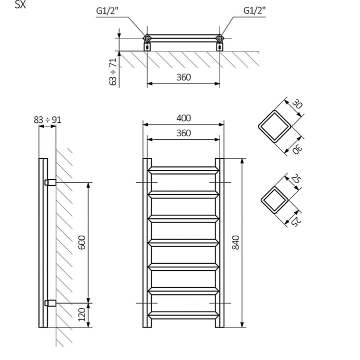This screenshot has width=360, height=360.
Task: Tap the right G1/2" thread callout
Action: pos(253,10)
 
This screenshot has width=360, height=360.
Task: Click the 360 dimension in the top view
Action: pos(183,77)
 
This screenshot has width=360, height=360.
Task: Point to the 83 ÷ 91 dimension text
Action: pos(48,119)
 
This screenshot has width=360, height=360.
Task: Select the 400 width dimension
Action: pos(183,118)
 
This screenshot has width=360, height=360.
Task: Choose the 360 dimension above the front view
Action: pos(183,133)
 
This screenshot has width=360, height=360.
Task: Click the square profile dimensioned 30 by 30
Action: pos(273,127)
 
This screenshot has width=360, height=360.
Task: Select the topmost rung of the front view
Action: pos(183,170)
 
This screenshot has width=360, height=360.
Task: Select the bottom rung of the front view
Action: pos(183,315)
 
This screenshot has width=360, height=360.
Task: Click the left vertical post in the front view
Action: pos(147,243)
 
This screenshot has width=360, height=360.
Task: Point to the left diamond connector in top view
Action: pos(147,37)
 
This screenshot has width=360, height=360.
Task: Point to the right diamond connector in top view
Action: pos(219,37)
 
